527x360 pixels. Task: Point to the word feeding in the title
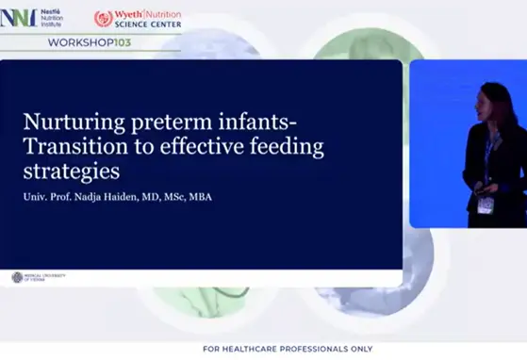point(284,147)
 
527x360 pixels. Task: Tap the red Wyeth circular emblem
point(103,18)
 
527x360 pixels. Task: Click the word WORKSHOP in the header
point(74,44)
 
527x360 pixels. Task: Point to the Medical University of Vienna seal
point(16,277)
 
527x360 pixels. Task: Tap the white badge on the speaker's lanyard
point(485,205)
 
